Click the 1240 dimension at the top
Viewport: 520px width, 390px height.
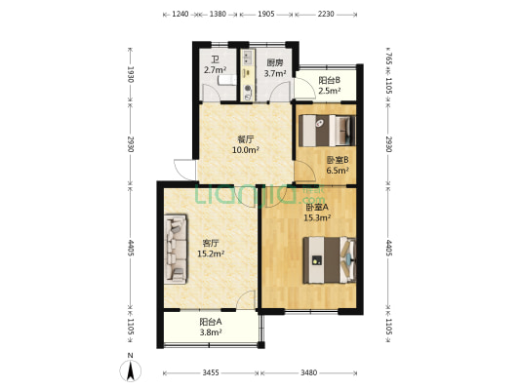[180, 14]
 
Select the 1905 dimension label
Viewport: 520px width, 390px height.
[266, 14]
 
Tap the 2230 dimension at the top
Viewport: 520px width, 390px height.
[326, 14]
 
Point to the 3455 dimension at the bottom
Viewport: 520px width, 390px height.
[211, 372]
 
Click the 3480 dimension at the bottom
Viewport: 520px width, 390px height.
[308, 372]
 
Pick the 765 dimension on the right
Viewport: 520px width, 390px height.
[389, 58]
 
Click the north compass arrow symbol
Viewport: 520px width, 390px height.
[131, 370]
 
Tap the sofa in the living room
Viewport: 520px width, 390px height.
[176, 249]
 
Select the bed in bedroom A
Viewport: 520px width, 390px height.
[330, 260]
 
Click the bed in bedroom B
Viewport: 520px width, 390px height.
[327, 131]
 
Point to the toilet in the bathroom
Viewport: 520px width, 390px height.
[227, 80]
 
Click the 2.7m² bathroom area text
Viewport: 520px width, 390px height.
[215, 70]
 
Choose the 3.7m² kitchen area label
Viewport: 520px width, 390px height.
[275, 73]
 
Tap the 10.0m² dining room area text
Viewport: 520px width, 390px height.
[246, 150]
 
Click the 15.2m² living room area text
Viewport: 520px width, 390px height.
[211, 253]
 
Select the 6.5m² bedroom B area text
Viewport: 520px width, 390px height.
[338, 171]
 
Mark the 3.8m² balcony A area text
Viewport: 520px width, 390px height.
[211, 332]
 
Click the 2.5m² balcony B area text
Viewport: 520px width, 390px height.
[330, 91]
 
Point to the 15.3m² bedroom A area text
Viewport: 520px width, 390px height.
[317, 217]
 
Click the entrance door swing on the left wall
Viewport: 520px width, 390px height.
[184, 170]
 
